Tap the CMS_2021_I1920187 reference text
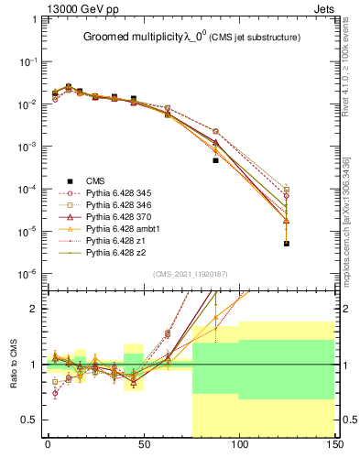coord(190,274)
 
